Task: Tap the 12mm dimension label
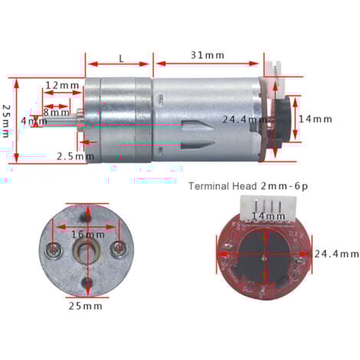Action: pos(62,85)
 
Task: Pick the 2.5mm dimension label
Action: pos(75,157)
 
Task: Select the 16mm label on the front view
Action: pos(87,234)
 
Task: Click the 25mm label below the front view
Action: pos(86,306)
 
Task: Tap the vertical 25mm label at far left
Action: pos(7,120)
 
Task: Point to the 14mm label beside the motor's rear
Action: pos(316,119)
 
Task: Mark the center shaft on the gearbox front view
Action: pos(89,251)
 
